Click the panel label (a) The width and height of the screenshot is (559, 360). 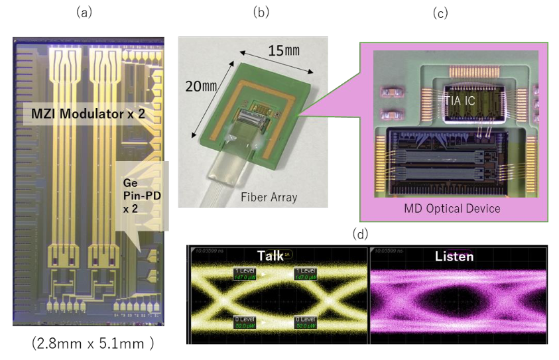[84, 12]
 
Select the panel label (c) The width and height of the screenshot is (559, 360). [441, 13]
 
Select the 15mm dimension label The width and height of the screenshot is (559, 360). [282, 50]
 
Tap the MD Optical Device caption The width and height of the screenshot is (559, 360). [452, 209]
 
